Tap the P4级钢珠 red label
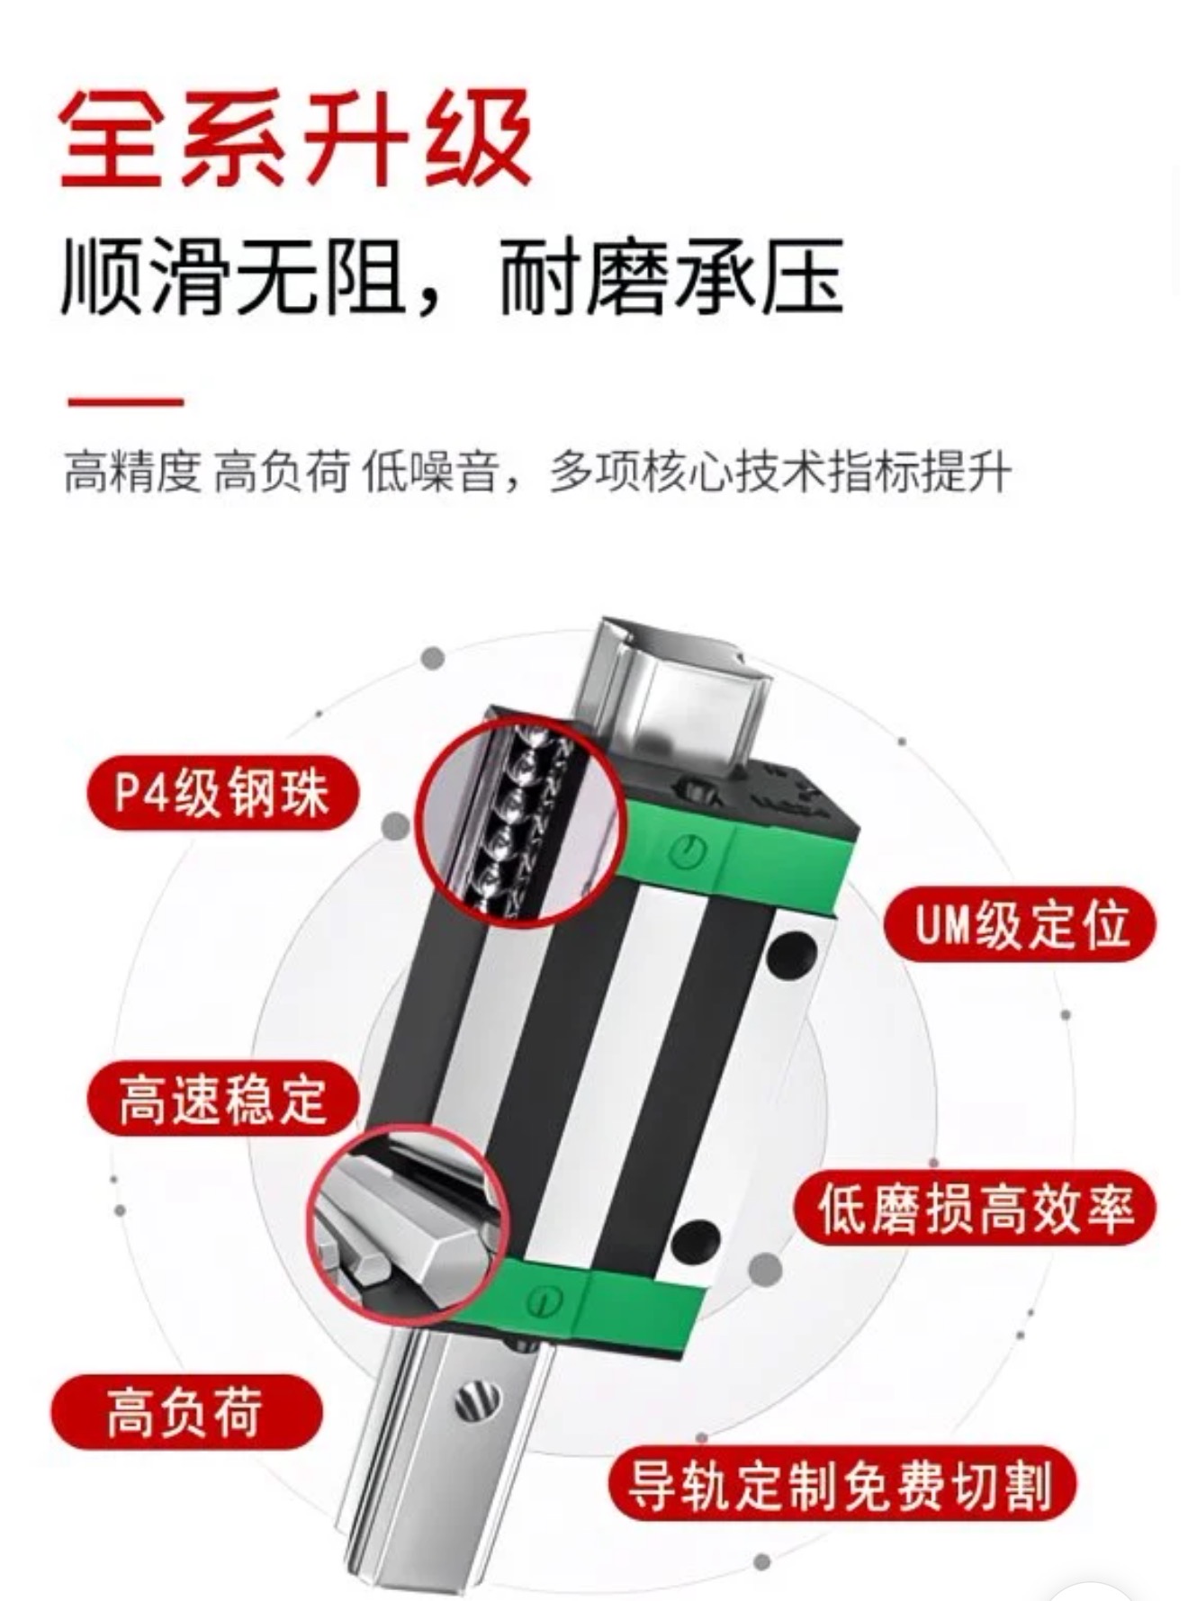pyautogui.click(x=223, y=794)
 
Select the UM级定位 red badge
pyautogui.click(x=1020, y=924)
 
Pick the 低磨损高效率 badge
pyautogui.click(x=974, y=1209)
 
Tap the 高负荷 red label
pyautogui.click(x=185, y=1411)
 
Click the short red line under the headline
pyautogui.click(x=126, y=401)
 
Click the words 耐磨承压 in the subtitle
pyautogui.click(x=670, y=277)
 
